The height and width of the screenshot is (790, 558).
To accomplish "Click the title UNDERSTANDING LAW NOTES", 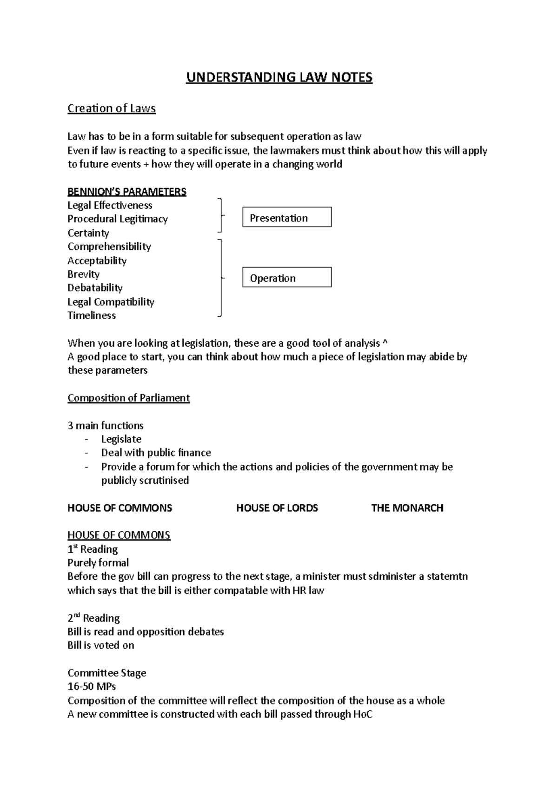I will click(x=279, y=77).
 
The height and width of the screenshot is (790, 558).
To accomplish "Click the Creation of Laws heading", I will click(x=112, y=108).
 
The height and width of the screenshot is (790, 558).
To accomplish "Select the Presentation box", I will click(x=286, y=217).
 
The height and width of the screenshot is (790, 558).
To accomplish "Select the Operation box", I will click(x=286, y=278).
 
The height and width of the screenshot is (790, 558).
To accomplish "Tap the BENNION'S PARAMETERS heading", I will click(x=126, y=192).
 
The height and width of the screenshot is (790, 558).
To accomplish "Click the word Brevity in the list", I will click(x=83, y=274).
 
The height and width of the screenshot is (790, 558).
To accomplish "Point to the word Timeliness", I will click(x=92, y=315).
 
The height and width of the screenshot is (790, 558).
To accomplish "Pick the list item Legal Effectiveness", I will click(x=110, y=205).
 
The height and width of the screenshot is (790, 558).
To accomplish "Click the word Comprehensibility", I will click(x=109, y=247).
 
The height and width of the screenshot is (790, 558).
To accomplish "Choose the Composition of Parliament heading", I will click(x=128, y=398).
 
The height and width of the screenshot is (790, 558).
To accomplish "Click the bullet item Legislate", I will click(x=121, y=439).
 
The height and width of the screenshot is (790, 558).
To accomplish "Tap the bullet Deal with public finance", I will click(x=156, y=453).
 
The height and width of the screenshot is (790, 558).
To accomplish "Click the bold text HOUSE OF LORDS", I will click(x=277, y=508).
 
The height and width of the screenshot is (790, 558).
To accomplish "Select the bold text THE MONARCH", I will click(x=407, y=508).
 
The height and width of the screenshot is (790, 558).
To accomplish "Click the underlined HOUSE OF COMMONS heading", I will click(x=119, y=535).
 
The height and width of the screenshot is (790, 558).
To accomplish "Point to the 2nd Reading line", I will click(x=93, y=618).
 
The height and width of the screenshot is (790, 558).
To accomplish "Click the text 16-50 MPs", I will click(x=92, y=686).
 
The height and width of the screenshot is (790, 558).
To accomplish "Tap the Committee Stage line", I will click(x=106, y=673).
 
